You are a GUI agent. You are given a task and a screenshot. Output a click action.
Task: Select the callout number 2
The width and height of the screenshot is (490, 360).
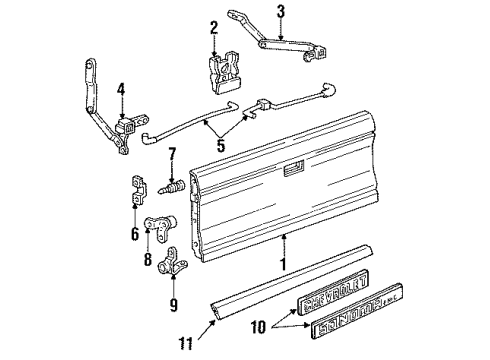[213, 27]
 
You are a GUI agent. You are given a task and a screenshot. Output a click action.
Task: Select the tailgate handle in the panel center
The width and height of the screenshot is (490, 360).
[295, 170]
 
